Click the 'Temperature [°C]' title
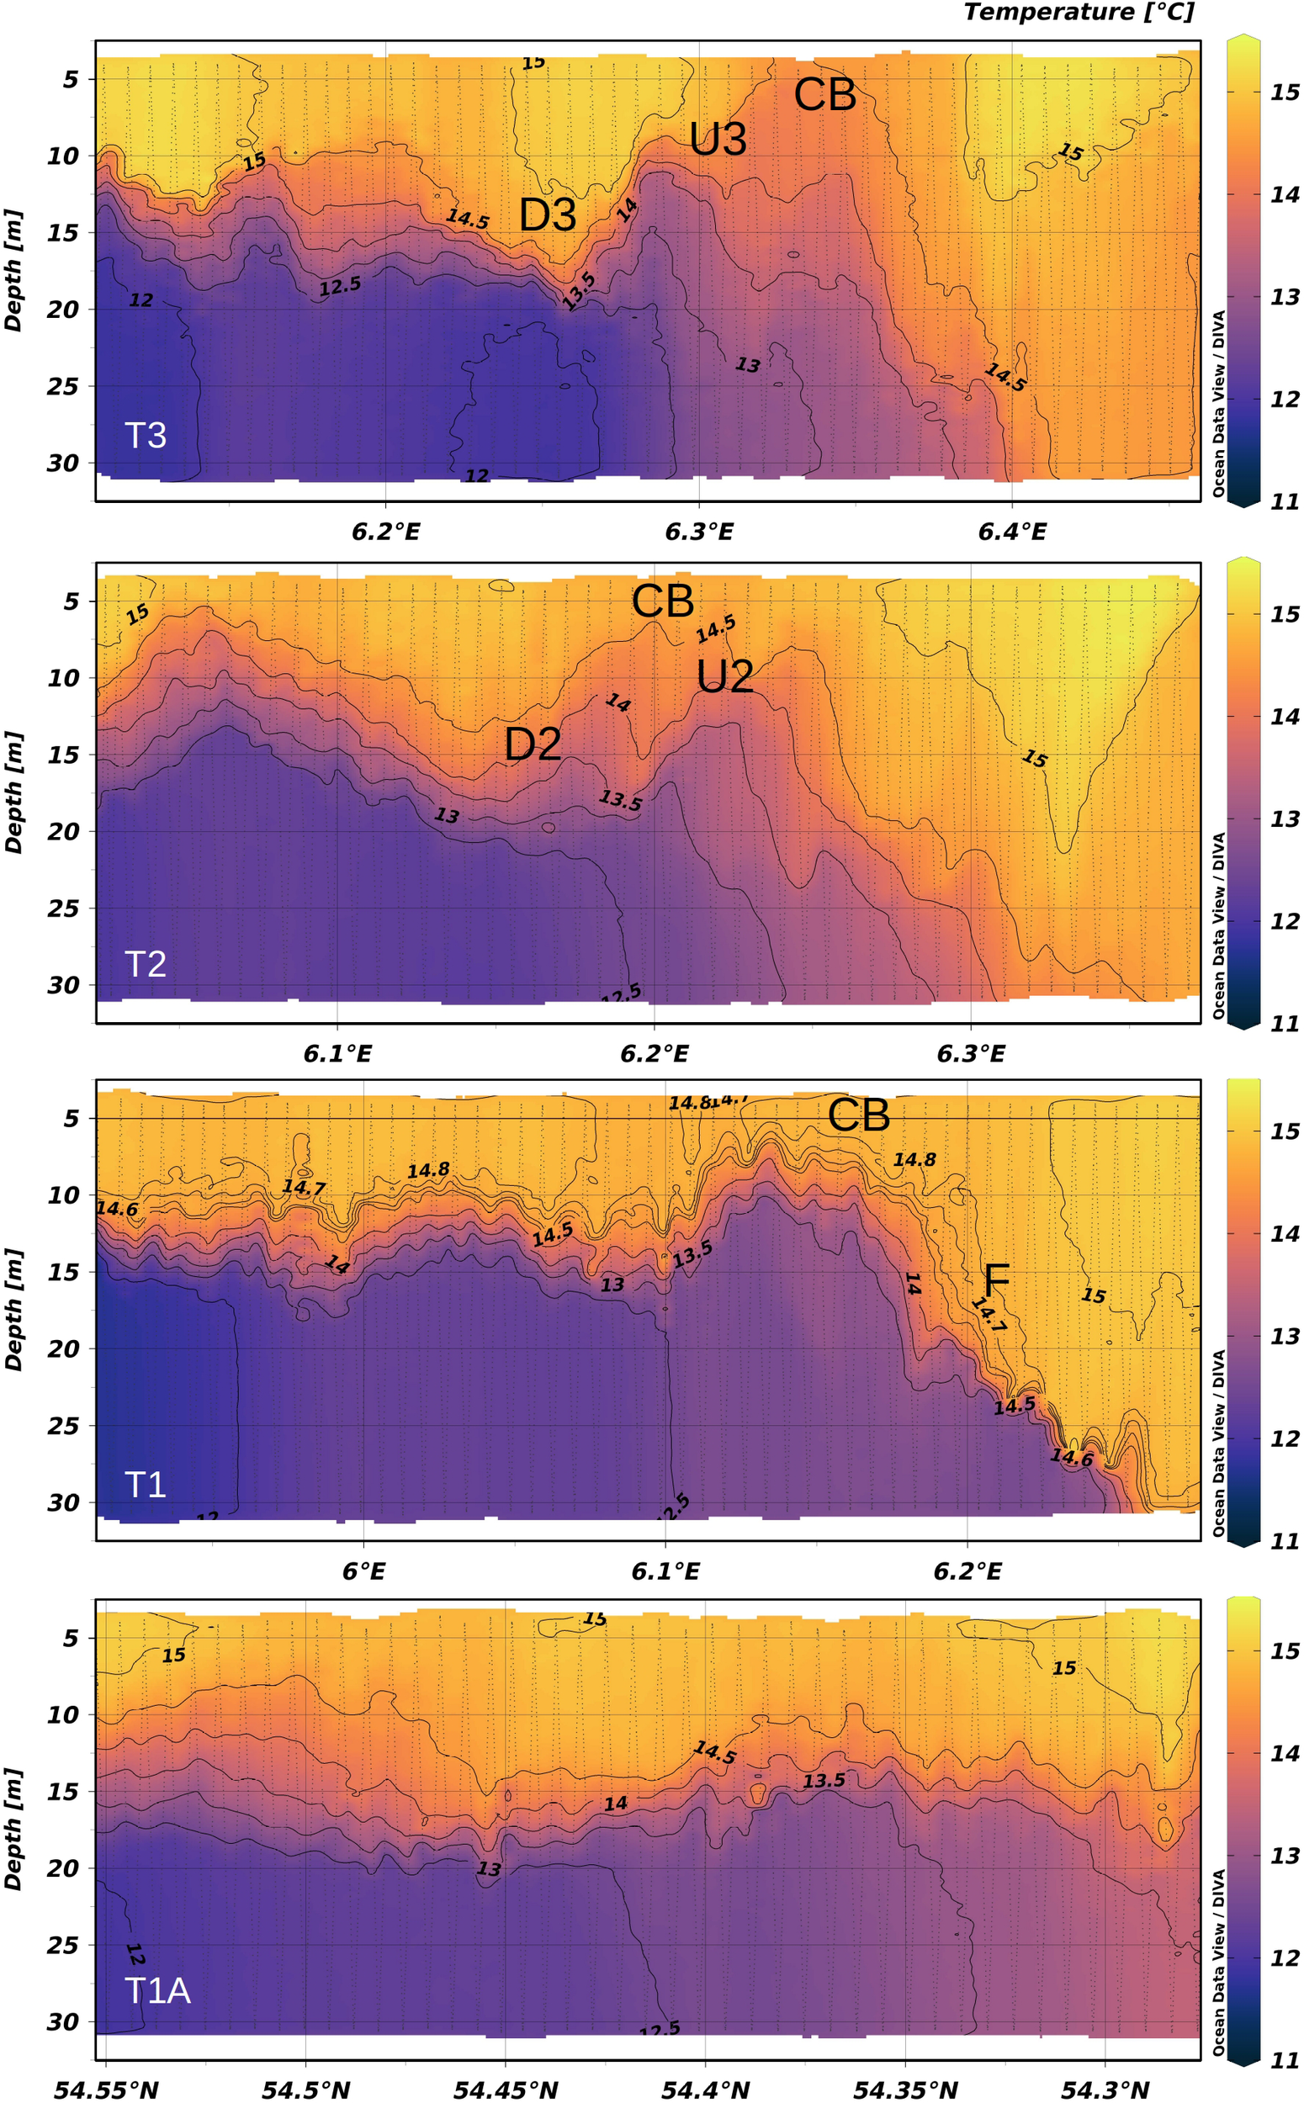(x=1078, y=12)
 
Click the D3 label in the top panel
(x=548, y=215)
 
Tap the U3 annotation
(x=718, y=139)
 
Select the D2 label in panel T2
(x=533, y=744)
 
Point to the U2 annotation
(x=724, y=677)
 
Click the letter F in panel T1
(x=996, y=1282)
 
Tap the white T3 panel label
(x=145, y=436)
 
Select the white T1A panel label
(x=157, y=1991)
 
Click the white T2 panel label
(x=145, y=963)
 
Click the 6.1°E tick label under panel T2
(x=337, y=1054)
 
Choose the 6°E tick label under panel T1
(x=364, y=1571)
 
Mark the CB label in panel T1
(x=858, y=1115)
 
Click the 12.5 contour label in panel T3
(x=340, y=286)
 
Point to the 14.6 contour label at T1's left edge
(x=116, y=1209)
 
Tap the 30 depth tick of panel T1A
(x=62, y=2021)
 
